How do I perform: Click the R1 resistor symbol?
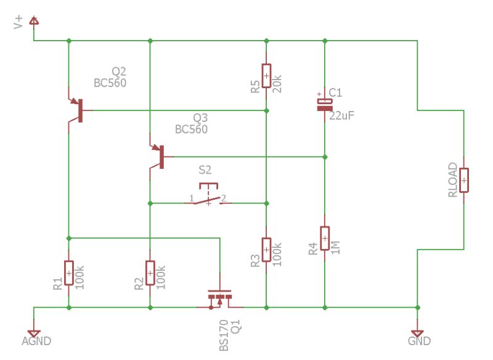68,272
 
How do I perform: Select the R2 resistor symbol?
150,272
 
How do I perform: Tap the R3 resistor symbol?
266,250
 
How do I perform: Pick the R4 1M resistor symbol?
325,238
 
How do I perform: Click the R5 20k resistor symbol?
266,75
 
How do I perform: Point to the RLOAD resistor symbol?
463,180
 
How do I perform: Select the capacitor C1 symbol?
324,104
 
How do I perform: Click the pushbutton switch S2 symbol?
208,195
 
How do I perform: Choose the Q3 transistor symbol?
157,157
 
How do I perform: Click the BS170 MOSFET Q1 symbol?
219,298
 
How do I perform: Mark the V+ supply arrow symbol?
33,23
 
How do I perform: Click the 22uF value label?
341,115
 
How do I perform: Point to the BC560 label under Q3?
191,129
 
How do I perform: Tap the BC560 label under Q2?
110,83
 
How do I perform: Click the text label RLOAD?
453,180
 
